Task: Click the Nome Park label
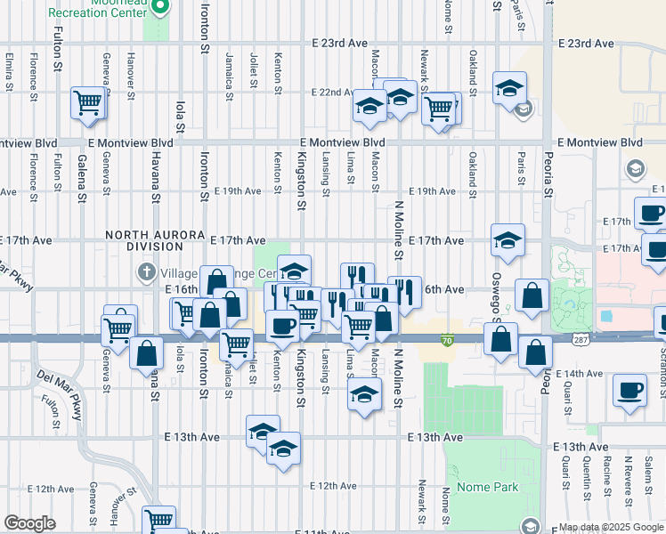click(x=487, y=488)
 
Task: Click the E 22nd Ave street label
click(x=333, y=93)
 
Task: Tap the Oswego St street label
click(x=496, y=288)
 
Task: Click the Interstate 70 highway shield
click(x=448, y=339)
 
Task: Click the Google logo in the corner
click(x=29, y=523)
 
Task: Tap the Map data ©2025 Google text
click(x=611, y=527)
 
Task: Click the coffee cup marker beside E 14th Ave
click(x=630, y=390)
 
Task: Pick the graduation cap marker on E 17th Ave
click(x=508, y=240)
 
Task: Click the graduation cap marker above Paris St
click(x=509, y=87)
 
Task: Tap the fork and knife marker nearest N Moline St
click(x=404, y=291)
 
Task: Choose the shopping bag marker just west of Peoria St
click(x=532, y=296)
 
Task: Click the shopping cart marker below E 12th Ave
click(x=158, y=520)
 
